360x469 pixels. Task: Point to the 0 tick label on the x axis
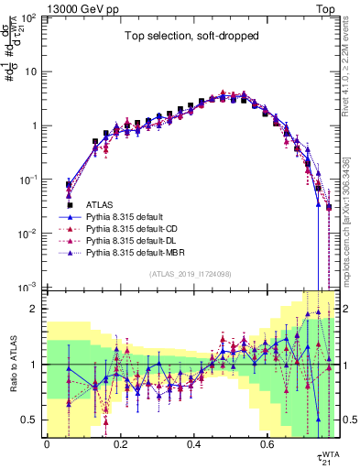coord(47,444)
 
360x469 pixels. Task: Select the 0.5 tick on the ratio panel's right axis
coord(348,420)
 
